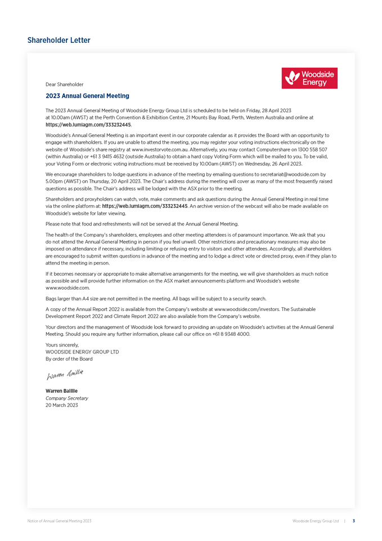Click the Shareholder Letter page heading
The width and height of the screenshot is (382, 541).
tap(59, 41)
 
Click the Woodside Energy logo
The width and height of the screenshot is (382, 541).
tap(309, 78)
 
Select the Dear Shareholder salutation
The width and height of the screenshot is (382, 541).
tap(64, 85)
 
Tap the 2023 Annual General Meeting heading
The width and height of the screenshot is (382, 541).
tap(87, 96)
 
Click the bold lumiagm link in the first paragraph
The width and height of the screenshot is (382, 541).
tap(88, 125)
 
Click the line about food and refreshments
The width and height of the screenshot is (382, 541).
tap(142, 224)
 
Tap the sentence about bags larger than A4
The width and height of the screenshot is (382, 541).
tap(156, 299)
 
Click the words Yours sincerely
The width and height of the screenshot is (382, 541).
tap(62, 345)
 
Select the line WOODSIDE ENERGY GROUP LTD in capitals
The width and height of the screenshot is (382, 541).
tap(82, 352)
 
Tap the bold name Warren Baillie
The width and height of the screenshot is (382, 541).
tap(61, 391)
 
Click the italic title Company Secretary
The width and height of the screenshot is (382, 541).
tap(66, 398)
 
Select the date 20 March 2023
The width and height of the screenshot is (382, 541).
tap(61, 405)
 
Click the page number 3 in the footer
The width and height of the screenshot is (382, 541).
tap(353, 521)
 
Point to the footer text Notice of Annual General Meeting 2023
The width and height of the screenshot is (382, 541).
tap(59, 521)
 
